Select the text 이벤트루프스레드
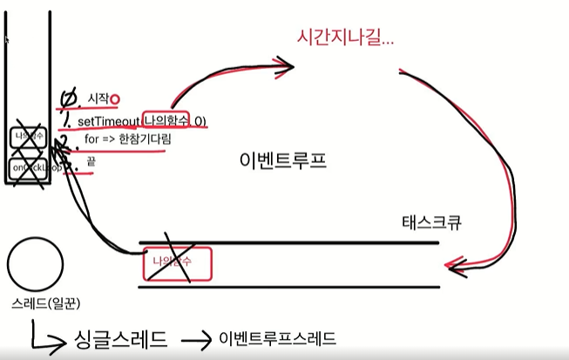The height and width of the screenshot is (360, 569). tap(277, 337)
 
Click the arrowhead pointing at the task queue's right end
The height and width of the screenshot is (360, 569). tap(450, 263)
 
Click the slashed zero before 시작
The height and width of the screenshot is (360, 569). tap(69, 98)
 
